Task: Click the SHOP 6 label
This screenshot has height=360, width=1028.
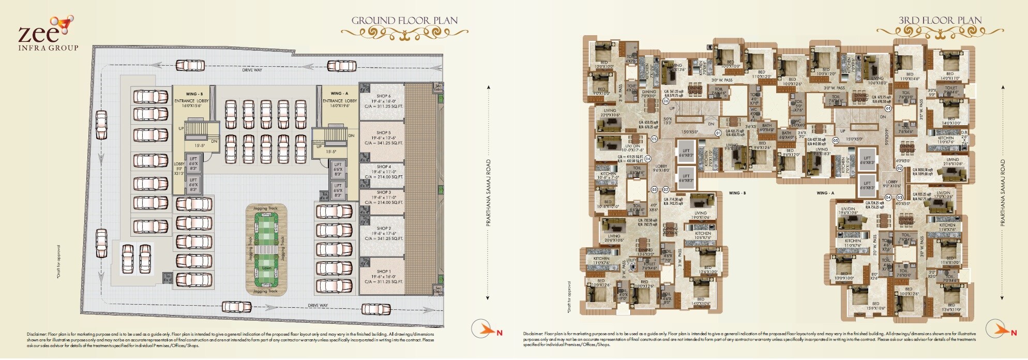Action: pos(383,96)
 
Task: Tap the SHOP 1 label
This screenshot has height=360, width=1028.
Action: pos(383,272)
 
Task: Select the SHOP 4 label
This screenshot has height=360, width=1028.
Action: pos(383,167)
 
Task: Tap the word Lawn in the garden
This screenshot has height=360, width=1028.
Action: pos(266,268)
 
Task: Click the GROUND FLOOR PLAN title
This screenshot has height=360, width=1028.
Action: pos(404,21)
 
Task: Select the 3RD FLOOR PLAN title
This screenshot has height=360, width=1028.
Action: pos(940,21)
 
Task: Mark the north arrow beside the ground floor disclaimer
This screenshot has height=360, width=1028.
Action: pos(483,328)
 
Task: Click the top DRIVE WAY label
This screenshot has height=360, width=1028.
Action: pos(252,70)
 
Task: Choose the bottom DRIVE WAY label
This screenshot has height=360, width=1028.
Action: pos(318,305)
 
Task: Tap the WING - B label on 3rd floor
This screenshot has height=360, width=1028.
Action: pos(737,193)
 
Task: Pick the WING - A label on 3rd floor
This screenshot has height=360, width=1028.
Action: pos(825,193)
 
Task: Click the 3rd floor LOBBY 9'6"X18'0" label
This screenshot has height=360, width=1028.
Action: pos(661,168)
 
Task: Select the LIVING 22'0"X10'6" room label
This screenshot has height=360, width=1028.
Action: pos(610,112)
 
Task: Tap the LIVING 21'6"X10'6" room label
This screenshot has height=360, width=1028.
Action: pos(953,162)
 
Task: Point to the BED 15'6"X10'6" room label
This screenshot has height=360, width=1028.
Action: pos(875,306)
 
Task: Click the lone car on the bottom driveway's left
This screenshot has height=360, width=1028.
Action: pos(236,307)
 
